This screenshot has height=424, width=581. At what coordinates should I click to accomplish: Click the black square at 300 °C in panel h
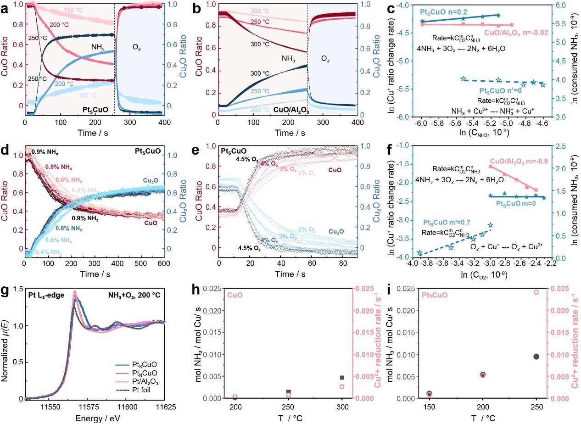(341, 377)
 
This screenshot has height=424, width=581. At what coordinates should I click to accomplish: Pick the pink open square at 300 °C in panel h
(341, 386)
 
